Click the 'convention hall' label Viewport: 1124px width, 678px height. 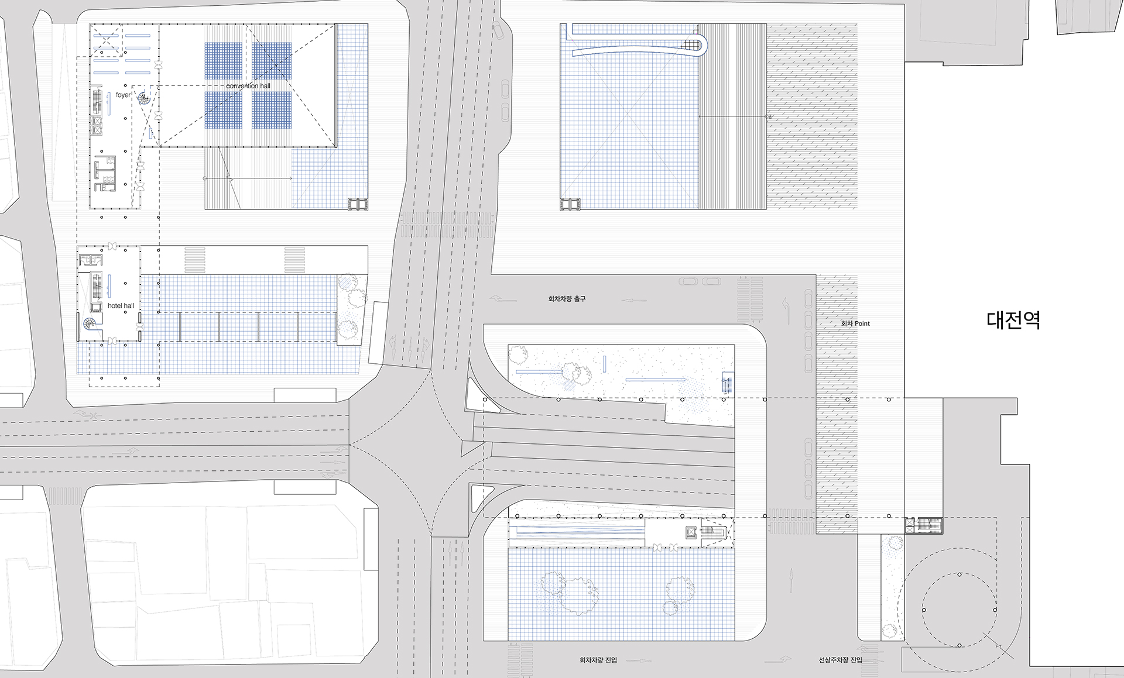click(248, 86)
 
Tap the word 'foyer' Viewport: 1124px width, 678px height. click(123, 95)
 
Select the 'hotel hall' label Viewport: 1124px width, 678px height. click(121, 305)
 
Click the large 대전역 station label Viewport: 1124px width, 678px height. click(1013, 320)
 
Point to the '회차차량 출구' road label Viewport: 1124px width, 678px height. click(567, 299)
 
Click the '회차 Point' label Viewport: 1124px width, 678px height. click(855, 323)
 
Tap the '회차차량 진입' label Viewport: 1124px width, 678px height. click(598, 660)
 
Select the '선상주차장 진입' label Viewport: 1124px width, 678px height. click(840, 660)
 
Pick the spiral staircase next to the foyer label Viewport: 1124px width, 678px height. click(144, 99)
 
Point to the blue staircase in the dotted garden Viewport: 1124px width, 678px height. click(728, 383)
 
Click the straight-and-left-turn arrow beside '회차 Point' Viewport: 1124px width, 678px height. click(787, 311)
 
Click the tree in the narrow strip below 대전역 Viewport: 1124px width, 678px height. click(893, 544)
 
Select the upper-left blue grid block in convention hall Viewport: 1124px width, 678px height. click(224, 61)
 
